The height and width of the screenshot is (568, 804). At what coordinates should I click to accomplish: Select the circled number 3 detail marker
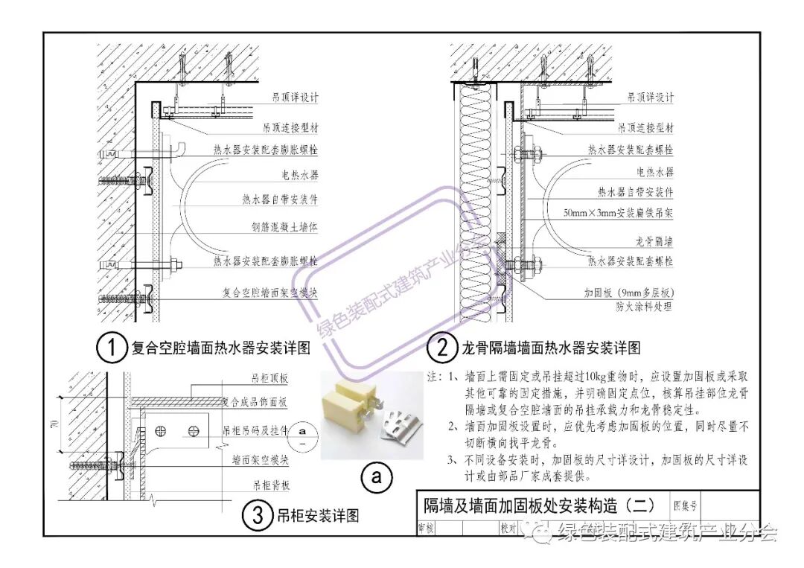point(257,515)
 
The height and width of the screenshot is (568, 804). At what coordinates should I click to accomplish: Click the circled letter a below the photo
point(377,478)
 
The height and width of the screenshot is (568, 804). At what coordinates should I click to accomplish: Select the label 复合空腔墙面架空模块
point(270,293)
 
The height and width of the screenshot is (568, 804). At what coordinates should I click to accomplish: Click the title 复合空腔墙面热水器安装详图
point(220,348)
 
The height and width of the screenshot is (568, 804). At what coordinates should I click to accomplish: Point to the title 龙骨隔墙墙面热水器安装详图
point(550,348)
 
